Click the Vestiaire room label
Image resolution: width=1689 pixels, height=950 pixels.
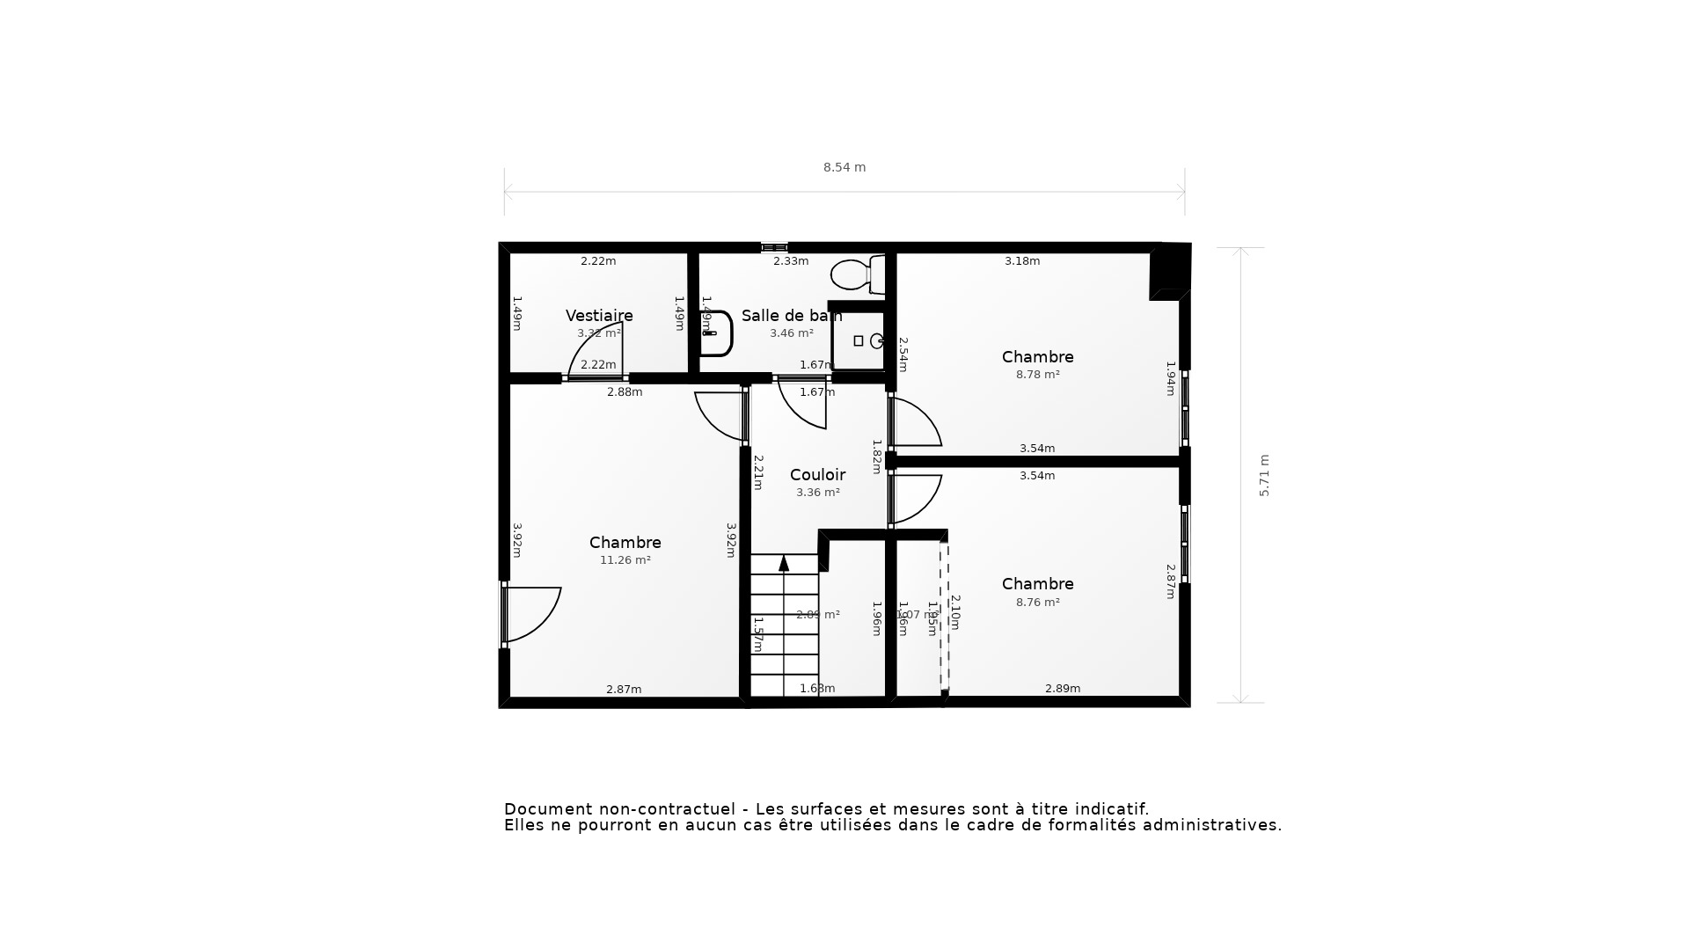(599, 316)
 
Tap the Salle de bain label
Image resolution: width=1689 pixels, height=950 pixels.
(791, 316)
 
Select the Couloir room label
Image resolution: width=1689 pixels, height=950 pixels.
(817, 475)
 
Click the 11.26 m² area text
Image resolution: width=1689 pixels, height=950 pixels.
(625, 560)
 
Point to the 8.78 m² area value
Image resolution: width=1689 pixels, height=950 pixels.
(1037, 375)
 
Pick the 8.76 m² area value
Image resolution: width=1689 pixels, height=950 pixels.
(1037, 603)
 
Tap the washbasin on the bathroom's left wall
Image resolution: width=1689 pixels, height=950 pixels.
(717, 333)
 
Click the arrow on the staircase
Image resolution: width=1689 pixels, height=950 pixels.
(784, 564)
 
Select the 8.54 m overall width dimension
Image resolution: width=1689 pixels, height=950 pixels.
(844, 167)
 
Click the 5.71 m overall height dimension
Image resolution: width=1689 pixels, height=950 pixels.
(1264, 476)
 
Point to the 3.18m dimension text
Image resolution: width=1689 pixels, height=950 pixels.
(1022, 261)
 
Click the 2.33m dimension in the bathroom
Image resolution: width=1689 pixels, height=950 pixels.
(791, 261)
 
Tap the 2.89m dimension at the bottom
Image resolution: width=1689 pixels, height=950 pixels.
(1062, 689)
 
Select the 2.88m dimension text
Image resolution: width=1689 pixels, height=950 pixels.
(625, 392)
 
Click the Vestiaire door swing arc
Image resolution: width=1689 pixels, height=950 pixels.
(589, 347)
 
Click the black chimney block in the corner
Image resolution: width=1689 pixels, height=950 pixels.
(1169, 272)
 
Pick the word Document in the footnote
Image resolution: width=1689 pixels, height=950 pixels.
(548, 809)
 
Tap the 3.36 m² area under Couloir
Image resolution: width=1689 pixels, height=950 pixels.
(817, 493)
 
